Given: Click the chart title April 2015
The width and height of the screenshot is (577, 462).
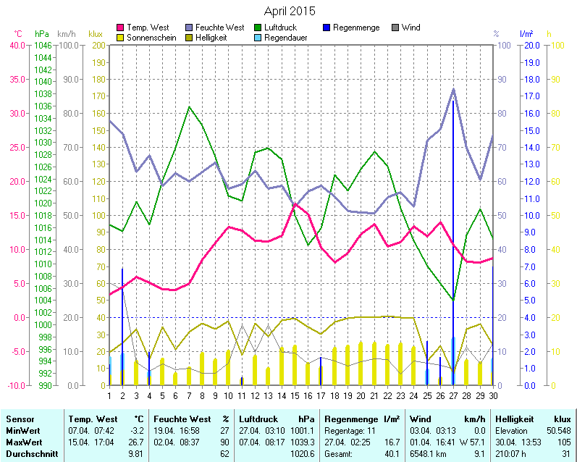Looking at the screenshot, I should (289, 11).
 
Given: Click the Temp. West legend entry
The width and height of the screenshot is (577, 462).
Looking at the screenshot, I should (148, 28).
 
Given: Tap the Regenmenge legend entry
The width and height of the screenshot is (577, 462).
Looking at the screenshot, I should (355, 28).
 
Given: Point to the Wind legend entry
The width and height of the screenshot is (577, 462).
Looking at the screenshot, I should (410, 28).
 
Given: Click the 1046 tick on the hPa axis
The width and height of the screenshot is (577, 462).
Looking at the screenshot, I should (43, 45).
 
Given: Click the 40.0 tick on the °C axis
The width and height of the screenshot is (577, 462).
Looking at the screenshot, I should (17, 45).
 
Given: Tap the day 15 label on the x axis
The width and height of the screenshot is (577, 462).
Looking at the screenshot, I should (295, 395).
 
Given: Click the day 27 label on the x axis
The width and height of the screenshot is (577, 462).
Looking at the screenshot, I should (453, 395).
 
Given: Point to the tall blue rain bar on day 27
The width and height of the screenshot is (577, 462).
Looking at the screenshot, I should (453, 239).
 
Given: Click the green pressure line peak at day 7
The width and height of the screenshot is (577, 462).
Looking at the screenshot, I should (189, 107).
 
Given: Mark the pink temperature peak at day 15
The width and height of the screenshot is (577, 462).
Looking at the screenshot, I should (295, 204).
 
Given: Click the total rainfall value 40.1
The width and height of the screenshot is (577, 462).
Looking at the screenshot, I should (392, 453).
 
